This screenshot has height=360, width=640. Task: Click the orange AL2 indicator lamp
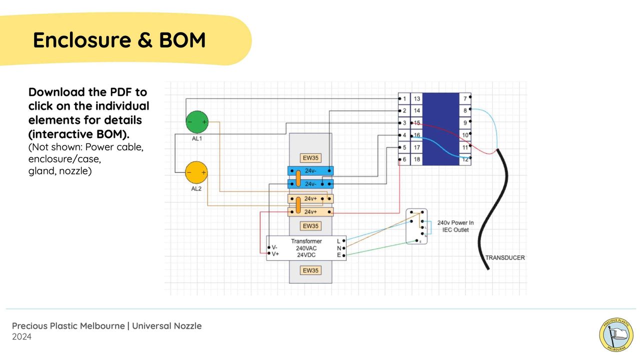point(196,172)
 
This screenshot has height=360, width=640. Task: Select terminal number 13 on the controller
point(417,99)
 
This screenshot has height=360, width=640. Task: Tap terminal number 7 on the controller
point(465,99)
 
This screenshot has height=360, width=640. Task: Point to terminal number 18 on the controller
point(417,159)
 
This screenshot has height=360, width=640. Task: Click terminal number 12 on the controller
point(465,159)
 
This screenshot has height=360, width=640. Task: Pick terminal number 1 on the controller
point(404,99)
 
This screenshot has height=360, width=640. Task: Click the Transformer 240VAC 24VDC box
point(306,248)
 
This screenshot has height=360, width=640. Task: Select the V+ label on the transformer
point(275,254)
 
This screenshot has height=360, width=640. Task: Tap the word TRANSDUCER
point(505,258)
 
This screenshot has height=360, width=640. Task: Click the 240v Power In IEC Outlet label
point(455,226)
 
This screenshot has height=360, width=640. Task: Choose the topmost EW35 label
point(310,158)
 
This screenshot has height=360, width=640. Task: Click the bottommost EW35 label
point(310,270)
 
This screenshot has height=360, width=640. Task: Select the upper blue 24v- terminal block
point(310,171)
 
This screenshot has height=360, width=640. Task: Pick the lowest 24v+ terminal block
point(310,211)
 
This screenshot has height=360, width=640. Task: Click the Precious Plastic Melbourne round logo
point(616,334)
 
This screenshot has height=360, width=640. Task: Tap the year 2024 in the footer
point(22,337)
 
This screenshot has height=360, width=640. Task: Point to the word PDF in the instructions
point(122,92)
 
